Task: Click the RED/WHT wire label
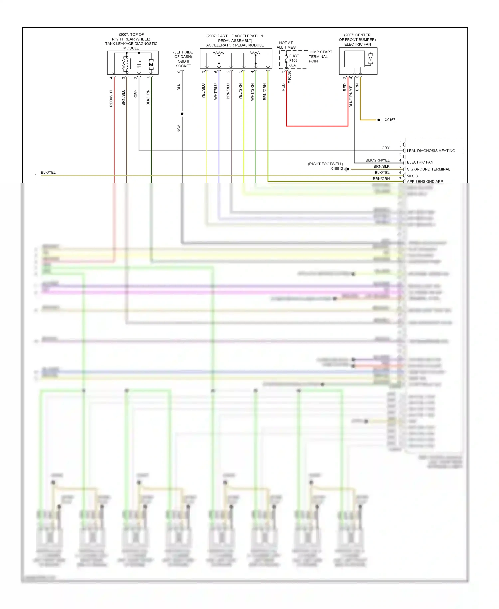tap(111, 98)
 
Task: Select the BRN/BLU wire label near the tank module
tap(123, 97)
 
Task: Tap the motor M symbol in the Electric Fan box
tap(370, 59)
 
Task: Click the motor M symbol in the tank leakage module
tap(151, 65)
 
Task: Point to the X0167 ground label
tap(390, 120)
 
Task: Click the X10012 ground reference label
tap(336, 169)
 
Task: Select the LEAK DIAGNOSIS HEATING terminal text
tap(430, 151)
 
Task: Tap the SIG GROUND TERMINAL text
tap(428, 169)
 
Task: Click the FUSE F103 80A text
tap(294, 61)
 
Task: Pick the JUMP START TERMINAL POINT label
tap(320, 57)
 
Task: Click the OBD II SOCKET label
tap(183, 59)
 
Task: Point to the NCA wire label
tap(179, 128)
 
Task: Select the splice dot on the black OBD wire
tap(182, 114)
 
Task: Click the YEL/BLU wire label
tap(203, 91)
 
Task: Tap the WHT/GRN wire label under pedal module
tap(252, 92)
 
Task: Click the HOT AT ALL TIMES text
tap(286, 45)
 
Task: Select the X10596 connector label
tap(289, 77)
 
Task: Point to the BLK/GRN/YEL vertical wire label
tap(351, 95)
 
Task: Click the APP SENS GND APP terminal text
tap(424, 182)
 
